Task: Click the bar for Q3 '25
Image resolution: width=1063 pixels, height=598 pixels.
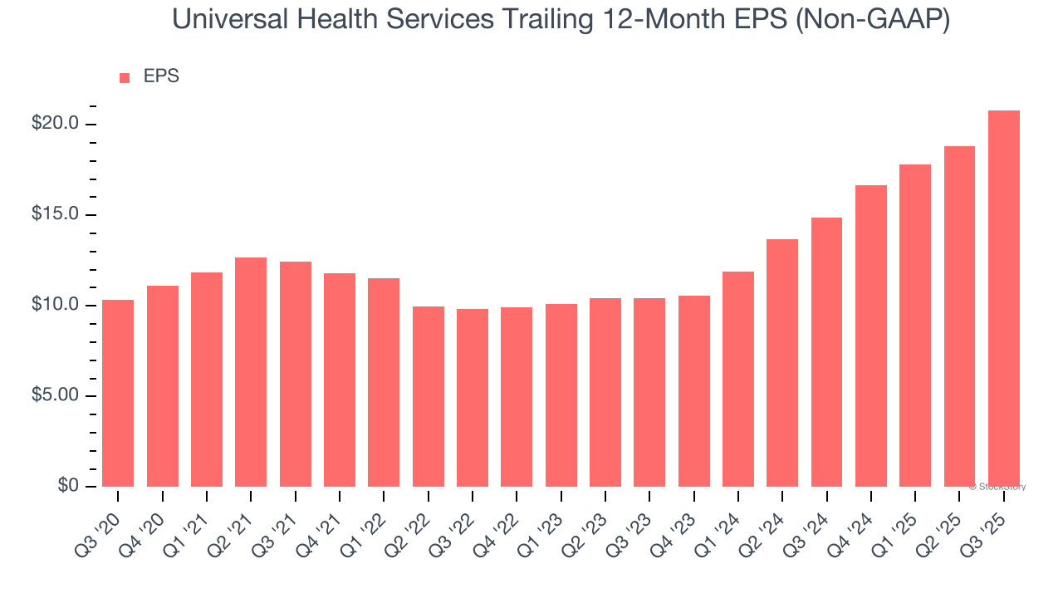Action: coord(1003,298)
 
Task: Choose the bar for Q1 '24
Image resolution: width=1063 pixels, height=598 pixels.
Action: coord(738,379)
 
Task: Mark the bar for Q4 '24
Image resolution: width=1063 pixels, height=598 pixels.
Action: coord(871,336)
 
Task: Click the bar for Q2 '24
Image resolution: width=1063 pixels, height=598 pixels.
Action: coord(782,362)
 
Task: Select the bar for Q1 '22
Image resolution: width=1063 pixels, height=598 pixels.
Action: coord(384,382)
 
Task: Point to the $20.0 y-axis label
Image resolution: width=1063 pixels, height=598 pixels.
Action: coord(55,124)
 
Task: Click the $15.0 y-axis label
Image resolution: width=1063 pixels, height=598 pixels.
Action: coord(55,214)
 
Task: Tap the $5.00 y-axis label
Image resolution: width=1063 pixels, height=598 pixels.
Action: coord(55,395)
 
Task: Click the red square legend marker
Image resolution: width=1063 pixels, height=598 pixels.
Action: coord(125,77)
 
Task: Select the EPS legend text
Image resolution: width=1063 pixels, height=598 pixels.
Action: coord(161,76)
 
